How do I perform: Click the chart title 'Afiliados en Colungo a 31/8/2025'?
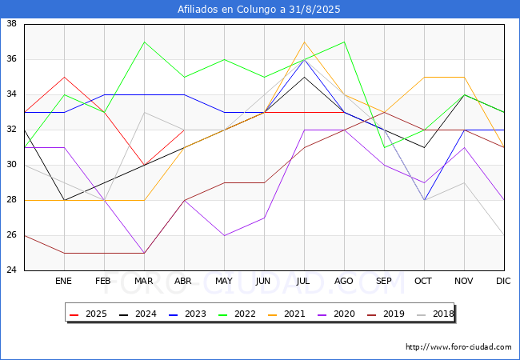[x=260, y=10]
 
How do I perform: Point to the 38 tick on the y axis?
[x=13, y=24]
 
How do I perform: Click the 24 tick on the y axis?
[x=13, y=270]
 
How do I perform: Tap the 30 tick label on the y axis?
[x=13, y=165]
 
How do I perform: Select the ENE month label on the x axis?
[x=64, y=282]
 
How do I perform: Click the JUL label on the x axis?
[x=304, y=282]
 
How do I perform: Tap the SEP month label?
[x=384, y=282]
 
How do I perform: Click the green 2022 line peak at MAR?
[x=144, y=42]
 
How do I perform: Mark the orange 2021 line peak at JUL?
[x=304, y=42]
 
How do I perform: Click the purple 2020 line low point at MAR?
[x=144, y=253]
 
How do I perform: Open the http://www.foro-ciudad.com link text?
[x=458, y=347]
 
